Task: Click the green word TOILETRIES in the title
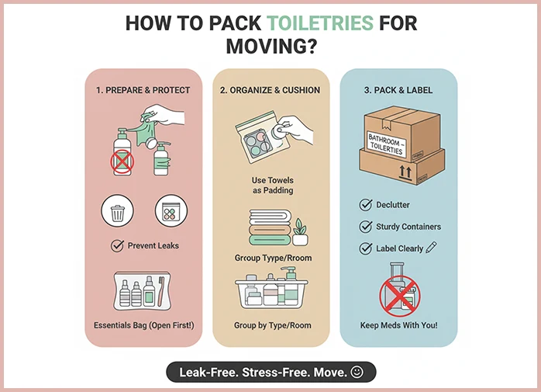point(320,23)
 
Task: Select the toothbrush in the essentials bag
point(160,291)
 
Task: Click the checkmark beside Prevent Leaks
point(117,245)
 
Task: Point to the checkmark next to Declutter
point(365,205)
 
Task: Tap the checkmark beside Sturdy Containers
point(365,227)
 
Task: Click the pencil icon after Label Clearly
point(431,247)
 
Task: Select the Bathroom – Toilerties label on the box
point(386,144)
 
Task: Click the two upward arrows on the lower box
point(405,172)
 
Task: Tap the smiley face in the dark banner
point(357,372)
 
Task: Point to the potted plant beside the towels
point(300,232)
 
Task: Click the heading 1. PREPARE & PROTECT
point(143,90)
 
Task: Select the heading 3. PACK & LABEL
point(398,90)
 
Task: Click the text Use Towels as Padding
point(273,186)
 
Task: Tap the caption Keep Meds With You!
point(398,325)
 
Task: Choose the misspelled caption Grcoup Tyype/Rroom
point(273,258)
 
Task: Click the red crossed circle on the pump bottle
point(122,161)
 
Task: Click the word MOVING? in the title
point(271,47)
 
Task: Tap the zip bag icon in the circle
point(171,211)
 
